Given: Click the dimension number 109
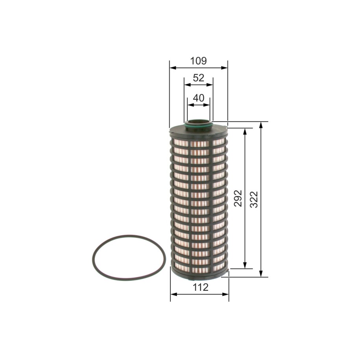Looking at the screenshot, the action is point(198,61).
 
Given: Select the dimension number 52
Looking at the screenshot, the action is point(199,78).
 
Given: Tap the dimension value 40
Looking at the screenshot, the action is point(199,98).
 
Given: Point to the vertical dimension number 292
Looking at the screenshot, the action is point(238,198).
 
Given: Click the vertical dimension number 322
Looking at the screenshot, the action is point(254,199).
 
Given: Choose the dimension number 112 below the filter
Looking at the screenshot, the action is point(201,287).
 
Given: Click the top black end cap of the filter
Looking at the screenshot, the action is point(199,132).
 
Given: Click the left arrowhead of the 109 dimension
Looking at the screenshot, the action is point(173,68).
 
